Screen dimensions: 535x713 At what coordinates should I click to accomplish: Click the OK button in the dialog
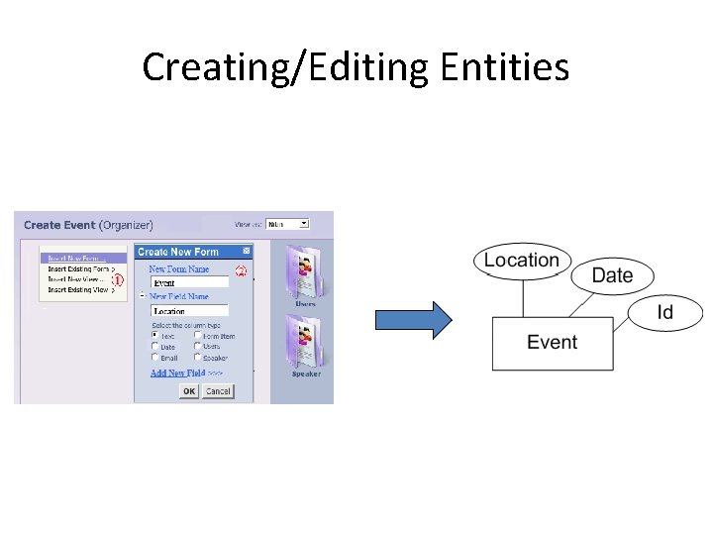189,391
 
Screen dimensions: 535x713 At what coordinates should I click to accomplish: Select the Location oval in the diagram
522,261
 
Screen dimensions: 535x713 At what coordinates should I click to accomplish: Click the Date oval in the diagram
612,275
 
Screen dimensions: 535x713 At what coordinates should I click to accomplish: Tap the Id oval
665,313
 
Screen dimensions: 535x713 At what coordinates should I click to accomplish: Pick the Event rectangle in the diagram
552,343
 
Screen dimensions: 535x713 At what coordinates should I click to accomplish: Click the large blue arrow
413,320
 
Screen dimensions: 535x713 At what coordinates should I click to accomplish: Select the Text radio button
155,336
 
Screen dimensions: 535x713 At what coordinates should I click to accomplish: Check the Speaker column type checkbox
198,358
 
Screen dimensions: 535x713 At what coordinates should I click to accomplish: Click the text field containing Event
189,282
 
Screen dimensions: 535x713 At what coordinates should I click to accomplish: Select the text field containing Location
189,311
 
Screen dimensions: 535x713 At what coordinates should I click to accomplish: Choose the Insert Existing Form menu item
79,269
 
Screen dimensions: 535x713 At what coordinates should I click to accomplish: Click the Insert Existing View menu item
79,290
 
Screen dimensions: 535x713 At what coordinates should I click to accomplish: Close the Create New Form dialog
247,252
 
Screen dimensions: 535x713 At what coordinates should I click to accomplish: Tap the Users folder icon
305,274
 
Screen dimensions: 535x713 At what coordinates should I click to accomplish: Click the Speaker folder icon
306,343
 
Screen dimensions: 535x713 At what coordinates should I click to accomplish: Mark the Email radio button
155,358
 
